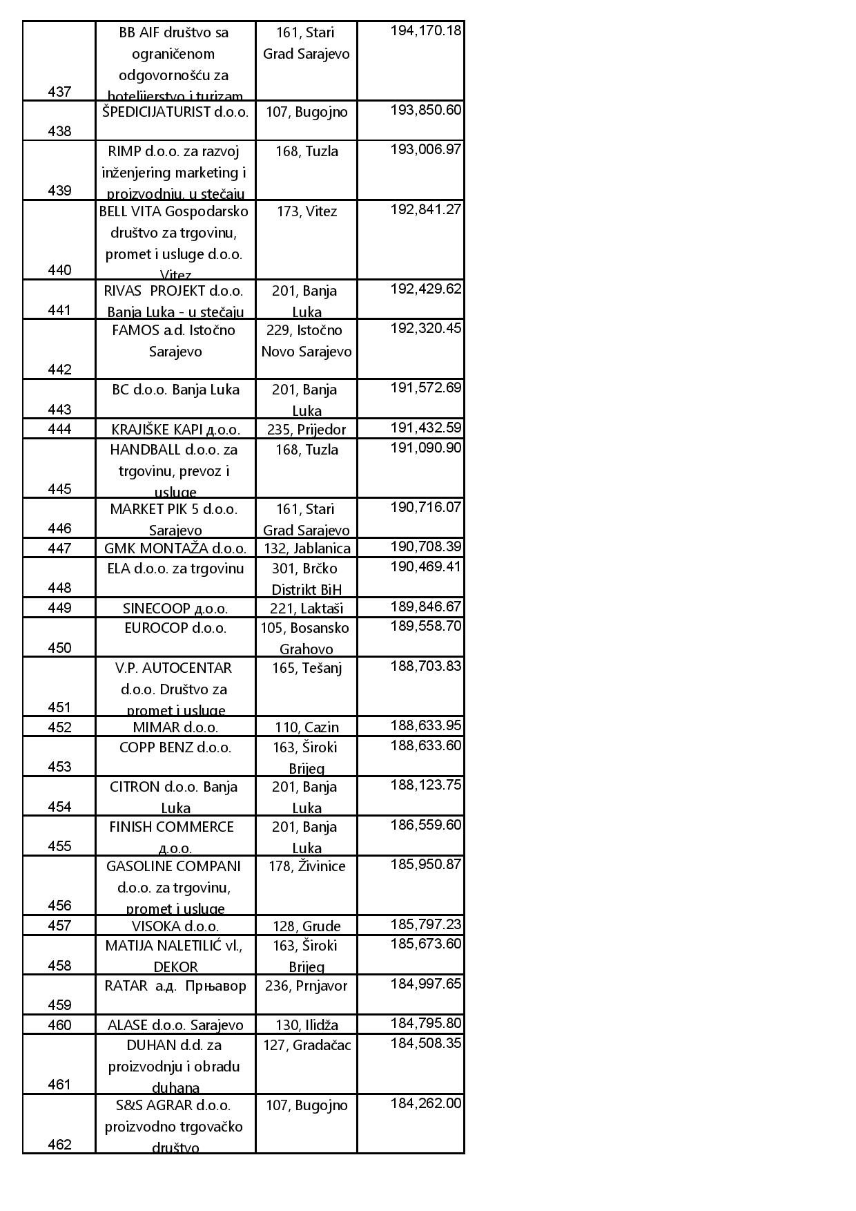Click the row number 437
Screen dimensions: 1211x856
[x=59, y=91]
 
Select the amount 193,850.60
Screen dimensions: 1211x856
[x=425, y=111]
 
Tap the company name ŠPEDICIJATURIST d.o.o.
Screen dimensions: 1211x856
[x=175, y=112]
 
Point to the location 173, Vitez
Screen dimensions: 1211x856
[x=307, y=211]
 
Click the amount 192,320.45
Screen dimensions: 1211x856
[x=425, y=328]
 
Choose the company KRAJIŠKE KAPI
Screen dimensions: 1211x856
[x=175, y=429]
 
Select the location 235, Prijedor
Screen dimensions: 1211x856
[x=307, y=429]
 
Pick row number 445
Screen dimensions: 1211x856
[x=59, y=489]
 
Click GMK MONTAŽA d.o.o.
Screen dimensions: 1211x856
[x=175, y=549]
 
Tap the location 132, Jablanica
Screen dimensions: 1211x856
[x=307, y=549]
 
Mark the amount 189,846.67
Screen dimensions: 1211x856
[x=425, y=607]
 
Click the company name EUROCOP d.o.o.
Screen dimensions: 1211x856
[x=175, y=628]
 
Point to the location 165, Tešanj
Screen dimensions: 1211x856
[x=307, y=668]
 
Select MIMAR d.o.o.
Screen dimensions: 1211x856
[x=175, y=727]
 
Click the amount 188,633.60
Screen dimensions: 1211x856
[x=425, y=745]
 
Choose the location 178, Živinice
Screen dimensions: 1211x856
[x=307, y=866]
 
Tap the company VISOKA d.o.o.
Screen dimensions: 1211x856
[x=175, y=926]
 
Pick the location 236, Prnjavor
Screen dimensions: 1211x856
[x=307, y=986]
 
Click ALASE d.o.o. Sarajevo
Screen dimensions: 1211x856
[x=175, y=1025]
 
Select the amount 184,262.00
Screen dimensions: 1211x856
[x=425, y=1104]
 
